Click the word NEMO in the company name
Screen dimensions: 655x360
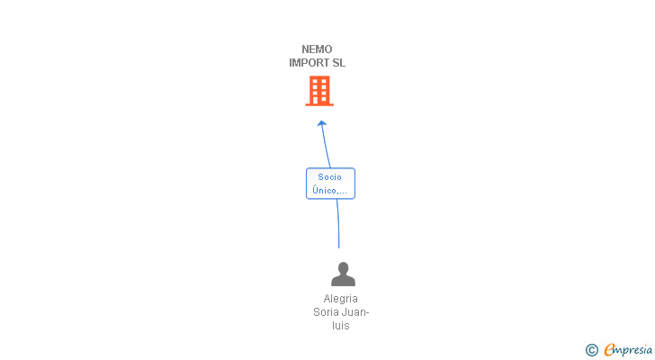point(317,49)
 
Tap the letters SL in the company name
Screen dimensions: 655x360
point(339,63)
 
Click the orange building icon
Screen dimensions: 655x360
point(319,91)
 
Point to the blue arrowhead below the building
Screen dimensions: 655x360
point(322,123)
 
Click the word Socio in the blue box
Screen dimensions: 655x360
point(329,177)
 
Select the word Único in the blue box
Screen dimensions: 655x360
point(324,191)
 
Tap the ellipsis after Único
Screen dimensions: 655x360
point(342,193)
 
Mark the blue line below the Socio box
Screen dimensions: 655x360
point(338,223)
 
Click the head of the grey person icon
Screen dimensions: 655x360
point(344,268)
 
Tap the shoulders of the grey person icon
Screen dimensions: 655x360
point(344,281)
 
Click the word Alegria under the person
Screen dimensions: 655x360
point(340,299)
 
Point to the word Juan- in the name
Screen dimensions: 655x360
point(355,312)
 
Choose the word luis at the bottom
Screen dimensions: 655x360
point(341,326)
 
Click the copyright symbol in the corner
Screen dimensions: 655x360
point(591,350)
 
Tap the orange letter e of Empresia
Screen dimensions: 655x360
point(609,350)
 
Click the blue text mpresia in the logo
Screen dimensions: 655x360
point(633,351)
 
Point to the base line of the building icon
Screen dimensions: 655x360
point(319,104)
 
